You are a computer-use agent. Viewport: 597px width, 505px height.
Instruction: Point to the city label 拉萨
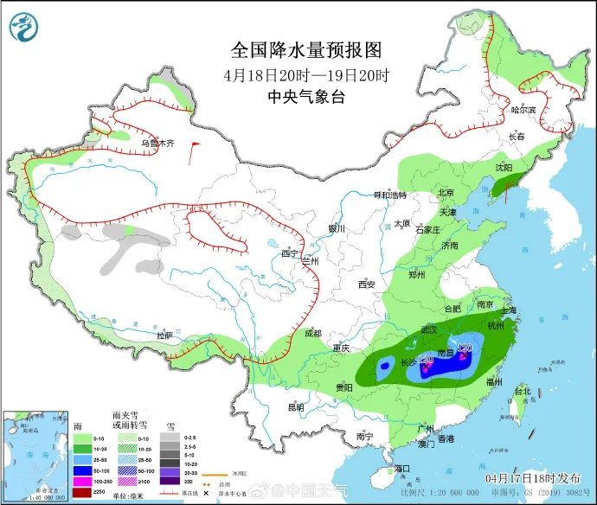click(x=164, y=335)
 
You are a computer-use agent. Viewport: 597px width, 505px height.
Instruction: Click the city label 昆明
click(x=297, y=406)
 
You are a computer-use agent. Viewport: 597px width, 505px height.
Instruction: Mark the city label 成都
click(x=312, y=333)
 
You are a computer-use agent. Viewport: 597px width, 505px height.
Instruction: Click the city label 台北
click(x=523, y=391)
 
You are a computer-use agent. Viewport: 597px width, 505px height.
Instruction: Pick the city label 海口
click(x=401, y=468)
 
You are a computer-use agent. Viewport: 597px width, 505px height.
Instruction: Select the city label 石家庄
click(x=428, y=230)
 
